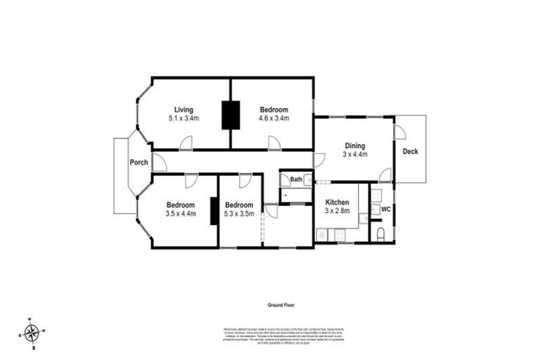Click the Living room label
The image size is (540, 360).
[184, 110]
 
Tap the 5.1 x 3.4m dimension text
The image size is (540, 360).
[184, 119]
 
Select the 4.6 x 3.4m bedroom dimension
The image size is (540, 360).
[274, 119]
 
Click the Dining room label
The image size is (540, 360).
[354, 146]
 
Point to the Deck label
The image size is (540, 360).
[410, 151]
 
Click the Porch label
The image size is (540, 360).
[139, 162]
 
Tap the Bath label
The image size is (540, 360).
[296, 180]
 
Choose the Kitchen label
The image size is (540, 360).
[337, 202]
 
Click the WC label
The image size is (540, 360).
[385, 210]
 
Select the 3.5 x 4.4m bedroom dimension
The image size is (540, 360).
[181, 213]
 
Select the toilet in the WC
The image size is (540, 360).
[380, 233]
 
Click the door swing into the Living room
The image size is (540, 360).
[186, 143]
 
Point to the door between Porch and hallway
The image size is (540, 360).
[159, 163]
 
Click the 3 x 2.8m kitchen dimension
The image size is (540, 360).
[337, 211]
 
